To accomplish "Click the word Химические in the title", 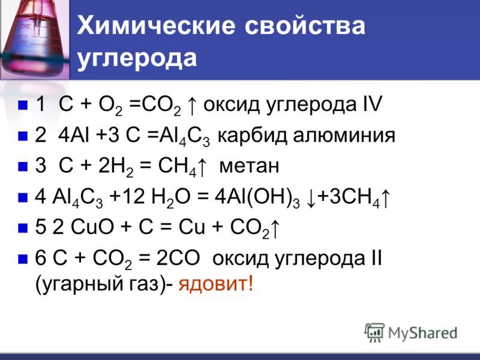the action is pyautogui.click(x=156, y=25).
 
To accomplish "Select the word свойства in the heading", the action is pyautogui.click(x=305, y=25).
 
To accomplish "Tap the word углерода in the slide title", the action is pyautogui.click(x=137, y=58).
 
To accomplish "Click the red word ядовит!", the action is pyautogui.click(x=216, y=284).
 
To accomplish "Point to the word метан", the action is pyautogui.click(x=249, y=166).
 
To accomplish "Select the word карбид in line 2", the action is pyautogui.click(x=252, y=136).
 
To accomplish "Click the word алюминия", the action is pyautogui.click(x=344, y=136).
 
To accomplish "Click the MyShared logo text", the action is pyautogui.click(x=422, y=333).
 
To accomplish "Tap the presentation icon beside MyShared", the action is pyautogui.click(x=374, y=332).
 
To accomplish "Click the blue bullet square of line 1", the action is pyautogui.click(x=23, y=105).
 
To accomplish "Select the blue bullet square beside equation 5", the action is pyautogui.click(x=23, y=229).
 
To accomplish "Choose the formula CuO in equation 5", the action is pyautogui.click(x=92, y=227).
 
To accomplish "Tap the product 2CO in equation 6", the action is pyautogui.click(x=178, y=258).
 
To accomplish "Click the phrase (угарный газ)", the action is pyautogui.click(x=101, y=284).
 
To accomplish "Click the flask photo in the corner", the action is pyautogui.click(x=34, y=40).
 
